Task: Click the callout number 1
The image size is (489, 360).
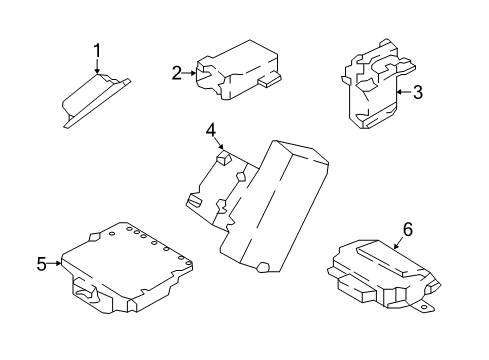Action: [x=98, y=49]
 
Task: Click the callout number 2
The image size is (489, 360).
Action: [x=177, y=72]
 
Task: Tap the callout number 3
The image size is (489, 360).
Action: [x=418, y=93]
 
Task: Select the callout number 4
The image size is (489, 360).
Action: [x=211, y=130]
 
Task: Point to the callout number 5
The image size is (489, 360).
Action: [x=42, y=264]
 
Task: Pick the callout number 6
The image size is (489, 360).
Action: [x=407, y=230]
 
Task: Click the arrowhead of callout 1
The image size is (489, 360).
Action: [x=98, y=73]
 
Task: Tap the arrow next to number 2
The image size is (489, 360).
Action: [x=196, y=72]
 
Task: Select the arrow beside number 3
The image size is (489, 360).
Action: [x=397, y=93]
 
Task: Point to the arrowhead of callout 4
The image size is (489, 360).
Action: [x=220, y=152]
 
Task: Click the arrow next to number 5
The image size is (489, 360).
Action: [x=61, y=264]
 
